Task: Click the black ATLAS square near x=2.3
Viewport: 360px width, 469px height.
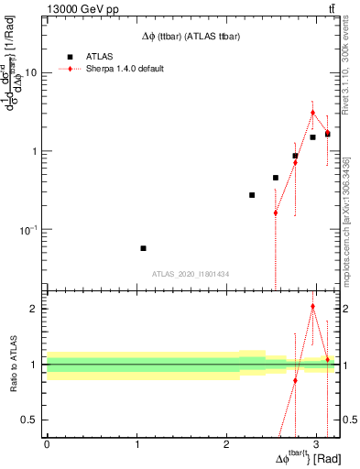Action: click(x=252, y=195)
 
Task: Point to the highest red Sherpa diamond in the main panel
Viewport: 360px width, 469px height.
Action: click(x=312, y=113)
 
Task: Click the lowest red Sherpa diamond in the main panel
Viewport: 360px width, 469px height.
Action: click(x=275, y=213)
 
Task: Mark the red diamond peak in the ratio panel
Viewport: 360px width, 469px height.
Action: click(x=312, y=307)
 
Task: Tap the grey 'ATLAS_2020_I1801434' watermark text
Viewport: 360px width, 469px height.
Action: click(x=191, y=274)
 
